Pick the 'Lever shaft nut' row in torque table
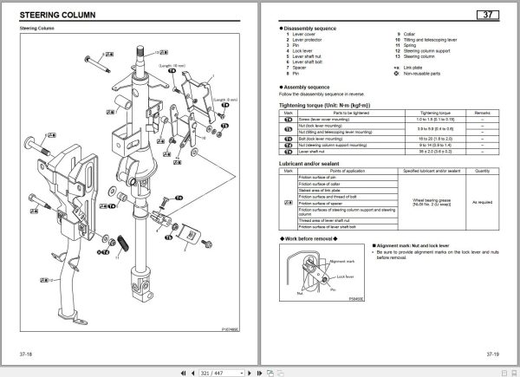[313, 153]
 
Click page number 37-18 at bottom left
[26, 354]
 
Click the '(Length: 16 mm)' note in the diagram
[171, 65]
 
